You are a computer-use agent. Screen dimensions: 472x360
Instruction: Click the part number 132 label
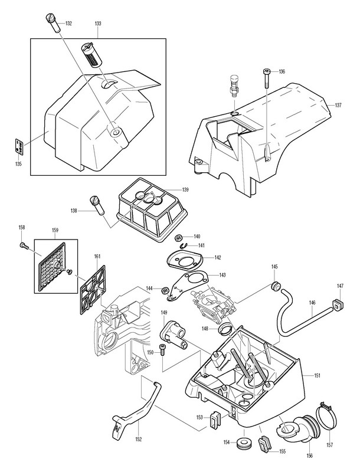[68, 24]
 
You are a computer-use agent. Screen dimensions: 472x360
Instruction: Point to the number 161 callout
[97, 257]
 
